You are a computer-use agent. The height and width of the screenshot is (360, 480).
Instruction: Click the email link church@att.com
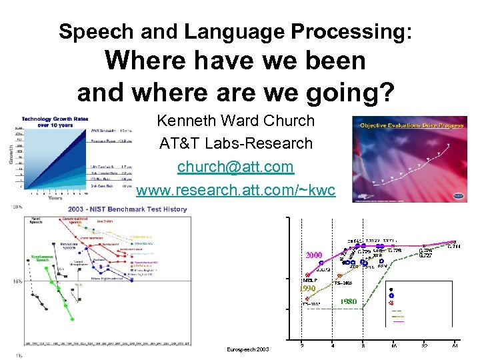point(235,166)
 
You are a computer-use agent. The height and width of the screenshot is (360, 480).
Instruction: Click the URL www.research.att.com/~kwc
point(235,190)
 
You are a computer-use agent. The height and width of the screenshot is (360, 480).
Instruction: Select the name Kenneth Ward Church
point(235,121)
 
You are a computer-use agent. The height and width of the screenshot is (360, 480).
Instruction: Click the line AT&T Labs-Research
point(235,143)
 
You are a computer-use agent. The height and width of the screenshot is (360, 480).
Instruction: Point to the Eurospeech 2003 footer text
point(248,349)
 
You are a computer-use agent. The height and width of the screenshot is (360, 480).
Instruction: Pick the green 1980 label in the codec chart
point(348,301)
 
